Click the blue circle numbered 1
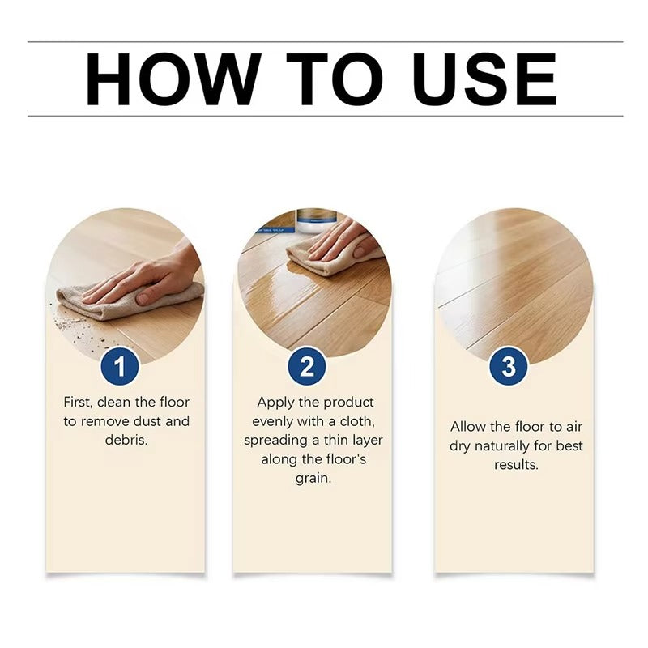pyautogui.click(x=121, y=367)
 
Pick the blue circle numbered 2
pyautogui.click(x=307, y=367)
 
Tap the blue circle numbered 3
pyautogui.click(x=509, y=367)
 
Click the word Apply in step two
pyautogui.click(x=275, y=403)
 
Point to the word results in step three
pyautogui.click(x=516, y=466)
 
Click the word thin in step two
pyautogui.click(x=336, y=441)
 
